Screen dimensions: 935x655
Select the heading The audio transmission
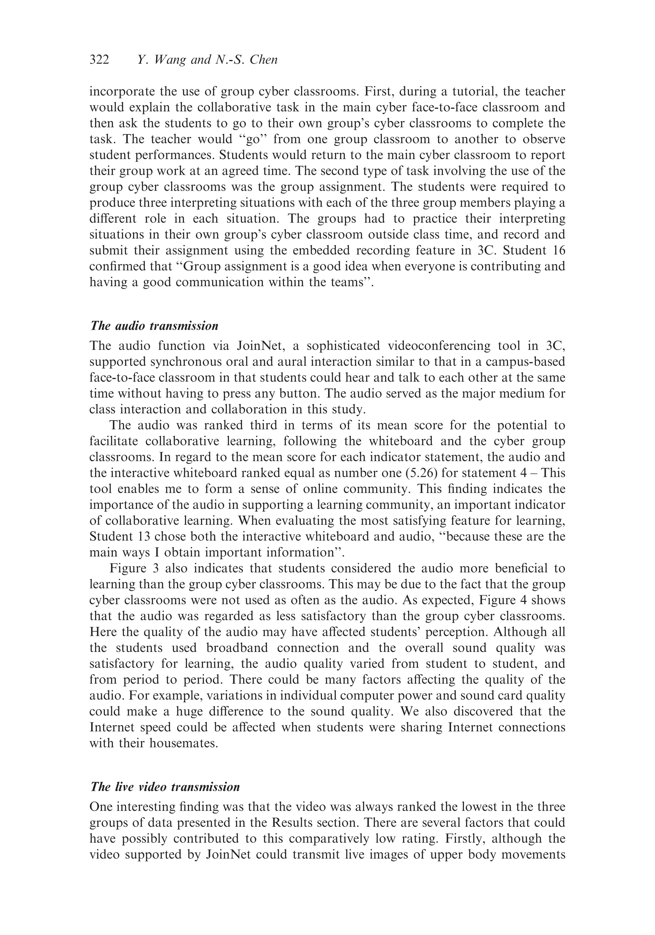point(154,326)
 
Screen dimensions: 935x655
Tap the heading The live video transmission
point(165,787)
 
